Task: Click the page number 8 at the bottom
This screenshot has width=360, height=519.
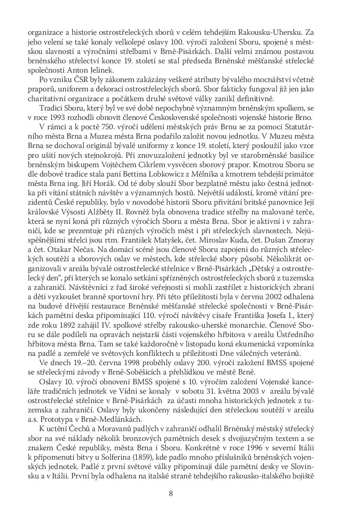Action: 171,493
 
